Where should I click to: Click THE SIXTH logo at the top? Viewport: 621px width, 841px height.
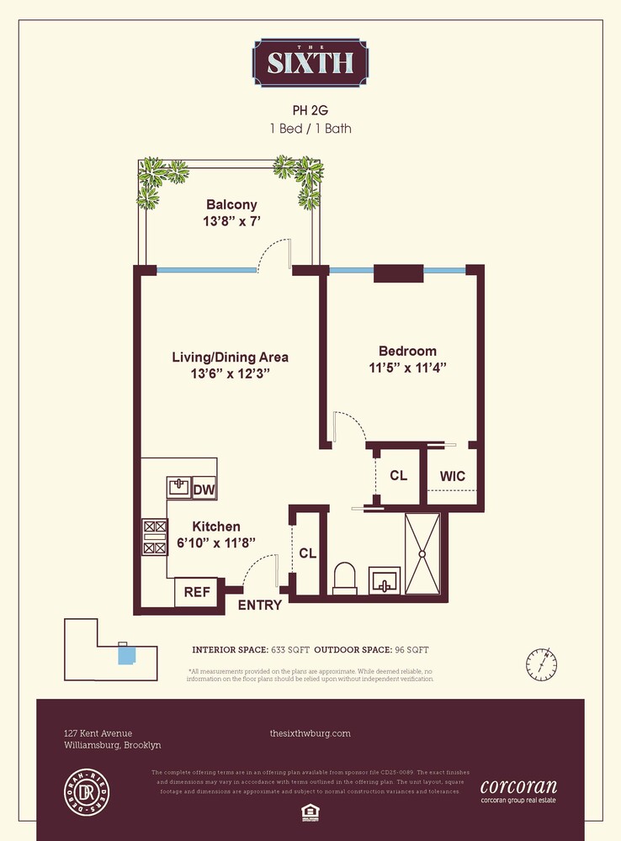[310, 61]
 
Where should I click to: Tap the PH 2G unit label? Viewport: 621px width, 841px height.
[310, 109]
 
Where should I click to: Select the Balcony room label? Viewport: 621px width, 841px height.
[231, 204]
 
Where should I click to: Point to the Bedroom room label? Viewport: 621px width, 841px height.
[407, 352]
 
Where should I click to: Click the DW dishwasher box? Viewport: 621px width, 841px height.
[204, 489]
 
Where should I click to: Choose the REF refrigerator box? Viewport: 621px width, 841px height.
[197, 591]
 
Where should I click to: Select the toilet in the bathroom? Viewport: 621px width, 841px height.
[345, 579]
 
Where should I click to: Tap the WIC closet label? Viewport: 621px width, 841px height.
[453, 476]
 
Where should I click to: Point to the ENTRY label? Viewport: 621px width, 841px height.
[259, 605]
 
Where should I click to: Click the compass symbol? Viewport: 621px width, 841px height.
[542, 664]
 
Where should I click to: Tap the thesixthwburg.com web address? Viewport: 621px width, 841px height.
[310, 733]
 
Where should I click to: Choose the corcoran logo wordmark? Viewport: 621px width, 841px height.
[517, 788]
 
